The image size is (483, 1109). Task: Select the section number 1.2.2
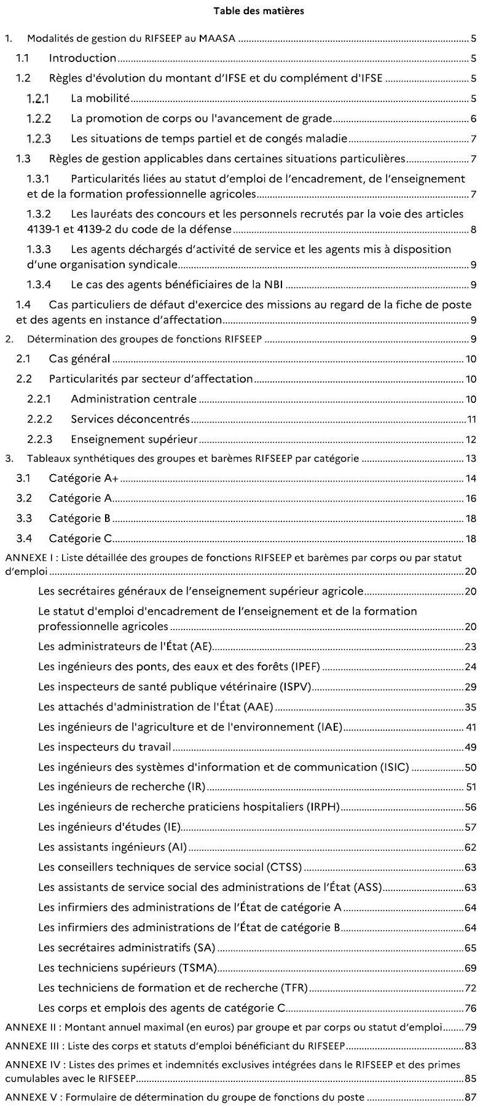(39, 119)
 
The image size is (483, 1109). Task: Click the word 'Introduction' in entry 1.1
(82, 58)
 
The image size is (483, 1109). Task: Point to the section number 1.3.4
(39, 285)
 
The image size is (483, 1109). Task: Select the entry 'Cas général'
(79, 359)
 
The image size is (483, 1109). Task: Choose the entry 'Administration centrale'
(133, 399)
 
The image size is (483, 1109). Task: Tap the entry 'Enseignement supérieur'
(134, 439)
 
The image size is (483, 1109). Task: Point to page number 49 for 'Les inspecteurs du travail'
(471, 747)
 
